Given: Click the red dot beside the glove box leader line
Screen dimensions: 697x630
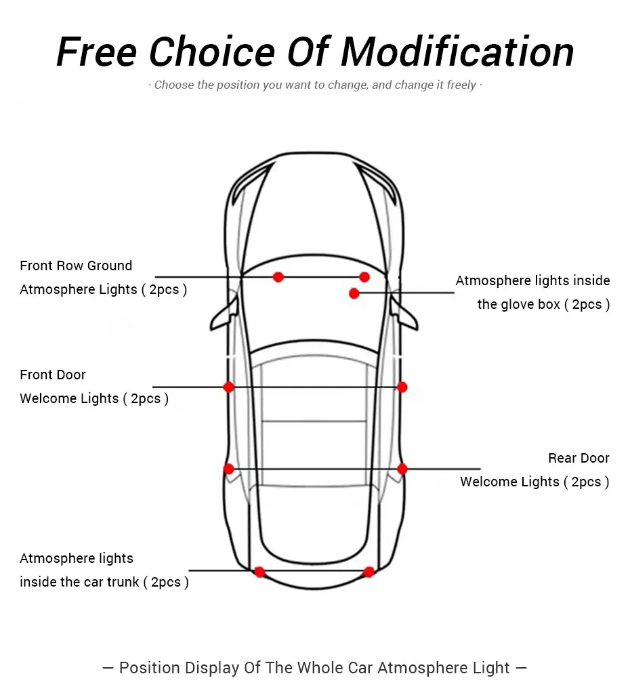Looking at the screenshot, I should tap(354, 293).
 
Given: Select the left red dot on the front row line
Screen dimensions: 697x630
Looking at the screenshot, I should tap(278, 277).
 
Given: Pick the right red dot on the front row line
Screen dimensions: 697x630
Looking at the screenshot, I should tap(364, 277).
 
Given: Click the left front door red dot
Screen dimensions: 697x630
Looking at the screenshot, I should tap(228, 387).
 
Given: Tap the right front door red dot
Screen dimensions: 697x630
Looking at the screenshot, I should tap(402, 387).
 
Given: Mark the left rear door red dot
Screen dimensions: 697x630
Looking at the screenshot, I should tap(228, 469).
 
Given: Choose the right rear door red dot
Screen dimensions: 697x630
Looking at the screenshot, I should tap(402, 469).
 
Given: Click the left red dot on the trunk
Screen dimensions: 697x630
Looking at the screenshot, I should tap(259, 572).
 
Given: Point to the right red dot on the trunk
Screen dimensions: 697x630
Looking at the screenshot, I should tap(369, 572).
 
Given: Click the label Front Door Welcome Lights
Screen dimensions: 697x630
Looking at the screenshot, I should tap(93, 387).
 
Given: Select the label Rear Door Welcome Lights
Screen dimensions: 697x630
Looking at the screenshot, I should tap(534, 470).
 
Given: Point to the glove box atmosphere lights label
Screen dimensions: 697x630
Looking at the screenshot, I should tap(532, 293).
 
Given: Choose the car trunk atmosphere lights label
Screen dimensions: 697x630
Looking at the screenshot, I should tap(104, 570).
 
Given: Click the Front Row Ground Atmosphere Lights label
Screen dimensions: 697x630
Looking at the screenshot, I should tap(103, 278).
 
